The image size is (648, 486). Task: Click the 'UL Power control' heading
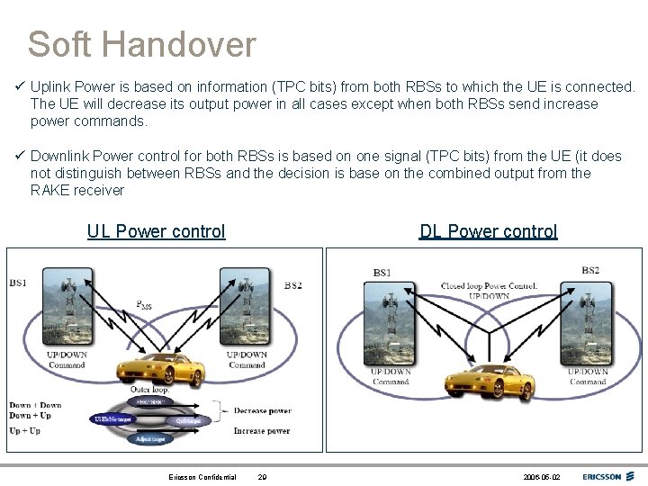point(156,231)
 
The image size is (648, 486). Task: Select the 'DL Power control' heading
point(488,231)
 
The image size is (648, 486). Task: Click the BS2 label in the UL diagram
point(293,286)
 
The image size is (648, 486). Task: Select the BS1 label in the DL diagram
point(382,273)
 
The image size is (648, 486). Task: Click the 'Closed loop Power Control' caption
point(488,286)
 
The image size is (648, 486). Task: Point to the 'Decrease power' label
point(262,411)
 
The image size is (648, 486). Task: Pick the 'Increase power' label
point(262,431)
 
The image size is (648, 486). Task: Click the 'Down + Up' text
point(30,416)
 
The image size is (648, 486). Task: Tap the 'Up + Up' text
point(24,431)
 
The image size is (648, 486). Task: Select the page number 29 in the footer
point(262,477)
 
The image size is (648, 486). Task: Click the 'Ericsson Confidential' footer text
point(202,477)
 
